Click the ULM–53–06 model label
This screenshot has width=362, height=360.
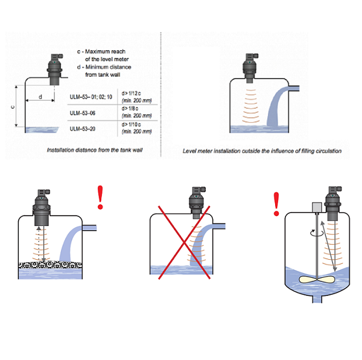(x=83, y=112)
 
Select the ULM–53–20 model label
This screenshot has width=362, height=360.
(x=83, y=128)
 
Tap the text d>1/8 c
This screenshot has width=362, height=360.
(x=132, y=109)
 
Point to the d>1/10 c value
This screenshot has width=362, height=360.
(x=133, y=124)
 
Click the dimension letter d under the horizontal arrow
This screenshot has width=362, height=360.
(x=40, y=96)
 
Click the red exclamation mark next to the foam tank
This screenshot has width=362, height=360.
(x=101, y=198)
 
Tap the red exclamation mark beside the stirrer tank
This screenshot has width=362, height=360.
(x=277, y=204)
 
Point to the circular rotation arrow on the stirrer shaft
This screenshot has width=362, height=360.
(x=312, y=232)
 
